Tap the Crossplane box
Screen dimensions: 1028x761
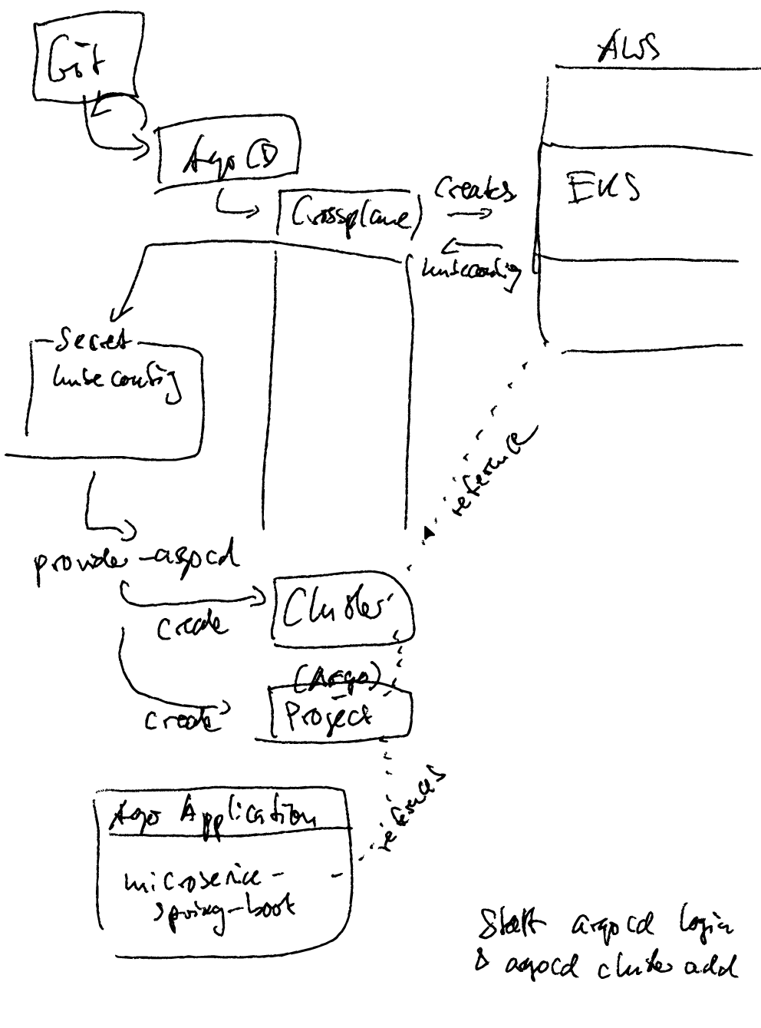(350, 216)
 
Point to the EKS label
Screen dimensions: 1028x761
(603, 187)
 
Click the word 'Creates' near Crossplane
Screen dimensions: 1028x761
(475, 189)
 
